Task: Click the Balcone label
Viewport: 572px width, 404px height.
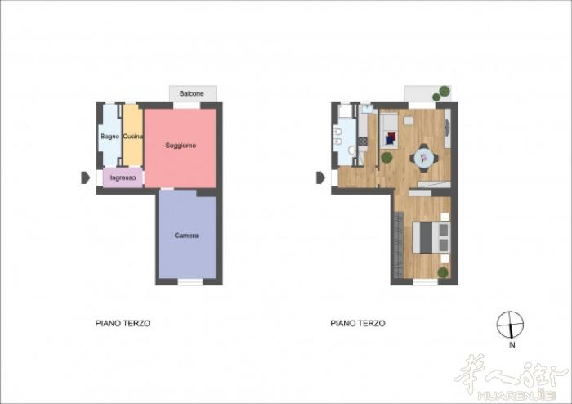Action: click(191, 93)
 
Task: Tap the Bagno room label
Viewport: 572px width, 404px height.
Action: click(109, 136)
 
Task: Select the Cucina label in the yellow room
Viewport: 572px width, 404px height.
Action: click(132, 136)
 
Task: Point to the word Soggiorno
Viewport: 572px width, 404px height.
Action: click(181, 146)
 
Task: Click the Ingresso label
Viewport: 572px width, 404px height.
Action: click(123, 177)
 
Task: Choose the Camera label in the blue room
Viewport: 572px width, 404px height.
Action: click(186, 236)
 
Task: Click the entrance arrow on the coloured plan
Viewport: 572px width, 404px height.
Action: click(85, 177)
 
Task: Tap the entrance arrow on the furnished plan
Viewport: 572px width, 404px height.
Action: click(320, 177)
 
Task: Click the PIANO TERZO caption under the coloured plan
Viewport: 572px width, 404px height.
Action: click(123, 323)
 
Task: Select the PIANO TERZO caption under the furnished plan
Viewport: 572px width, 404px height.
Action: click(358, 323)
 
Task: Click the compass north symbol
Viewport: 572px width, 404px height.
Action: click(510, 325)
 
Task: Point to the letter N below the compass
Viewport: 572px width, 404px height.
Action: click(512, 344)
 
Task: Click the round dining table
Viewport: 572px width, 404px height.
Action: click(424, 158)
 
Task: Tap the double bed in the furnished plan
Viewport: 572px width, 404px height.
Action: click(431, 237)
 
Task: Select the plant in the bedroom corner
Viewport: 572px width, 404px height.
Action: click(443, 272)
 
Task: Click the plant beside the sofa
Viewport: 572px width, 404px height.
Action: click(387, 158)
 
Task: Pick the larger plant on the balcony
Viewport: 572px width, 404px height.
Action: click(445, 90)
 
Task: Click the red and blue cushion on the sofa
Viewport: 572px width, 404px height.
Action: click(391, 138)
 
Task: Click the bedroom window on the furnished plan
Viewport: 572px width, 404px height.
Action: click(425, 282)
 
